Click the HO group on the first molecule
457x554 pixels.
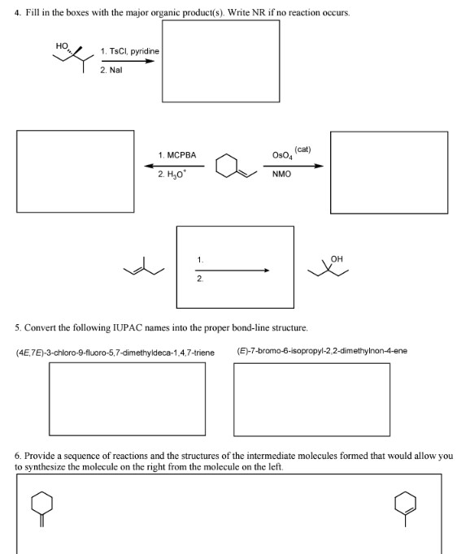point(61,46)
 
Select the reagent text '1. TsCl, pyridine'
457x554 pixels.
point(128,52)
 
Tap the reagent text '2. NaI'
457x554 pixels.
point(111,71)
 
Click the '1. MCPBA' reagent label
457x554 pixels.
point(177,154)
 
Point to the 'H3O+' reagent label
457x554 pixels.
point(172,175)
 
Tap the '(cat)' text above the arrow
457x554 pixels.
point(302,149)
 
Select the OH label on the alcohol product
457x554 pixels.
point(337,259)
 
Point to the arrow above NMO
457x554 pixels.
point(297,166)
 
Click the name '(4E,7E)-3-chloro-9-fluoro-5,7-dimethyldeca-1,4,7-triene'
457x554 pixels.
point(115,352)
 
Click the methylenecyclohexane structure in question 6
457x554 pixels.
point(42,506)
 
